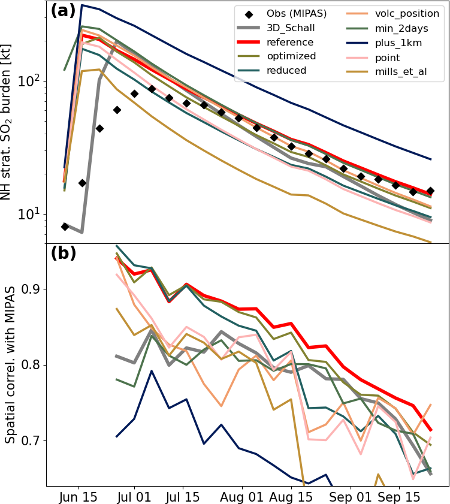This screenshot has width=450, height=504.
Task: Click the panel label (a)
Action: pos(63,11)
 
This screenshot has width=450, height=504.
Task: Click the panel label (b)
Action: pos(63,253)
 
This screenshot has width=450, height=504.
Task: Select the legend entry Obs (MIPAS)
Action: pos(291,13)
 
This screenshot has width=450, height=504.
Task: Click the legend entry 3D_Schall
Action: pos(291,28)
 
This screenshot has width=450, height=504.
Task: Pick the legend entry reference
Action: pos(290,42)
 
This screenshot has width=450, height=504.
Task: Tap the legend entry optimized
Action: pos(290,56)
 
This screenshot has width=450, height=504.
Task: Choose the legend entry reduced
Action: pos(286,71)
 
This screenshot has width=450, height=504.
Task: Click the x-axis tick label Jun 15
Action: pos(78,497)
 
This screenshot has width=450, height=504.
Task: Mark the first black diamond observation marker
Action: pos(65,227)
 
